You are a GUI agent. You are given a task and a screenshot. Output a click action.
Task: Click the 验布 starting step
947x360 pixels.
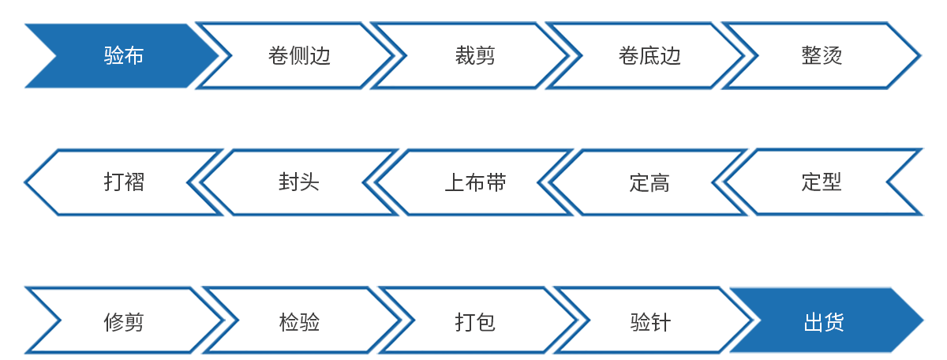click(123, 56)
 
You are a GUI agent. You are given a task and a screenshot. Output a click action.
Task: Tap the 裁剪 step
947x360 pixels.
click(474, 56)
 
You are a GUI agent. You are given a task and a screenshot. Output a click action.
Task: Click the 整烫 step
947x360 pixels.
click(822, 56)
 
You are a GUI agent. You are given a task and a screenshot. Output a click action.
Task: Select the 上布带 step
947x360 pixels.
click(474, 183)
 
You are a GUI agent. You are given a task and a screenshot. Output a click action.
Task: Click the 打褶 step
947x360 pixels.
click(123, 183)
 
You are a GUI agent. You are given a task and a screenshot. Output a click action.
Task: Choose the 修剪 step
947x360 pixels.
click(123, 322)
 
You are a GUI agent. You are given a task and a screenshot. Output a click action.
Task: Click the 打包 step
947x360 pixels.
click(474, 322)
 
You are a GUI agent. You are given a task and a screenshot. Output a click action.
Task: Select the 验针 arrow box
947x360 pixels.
click(650, 322)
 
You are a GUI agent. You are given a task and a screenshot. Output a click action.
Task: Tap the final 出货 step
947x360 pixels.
click(823, 322)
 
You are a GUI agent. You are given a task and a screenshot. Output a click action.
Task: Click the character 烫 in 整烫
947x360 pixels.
click(833, 56)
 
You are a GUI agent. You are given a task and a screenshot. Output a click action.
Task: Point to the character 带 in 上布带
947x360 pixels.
click(496, 183)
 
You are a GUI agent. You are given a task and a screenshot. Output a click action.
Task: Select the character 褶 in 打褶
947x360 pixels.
click(134, 183)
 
